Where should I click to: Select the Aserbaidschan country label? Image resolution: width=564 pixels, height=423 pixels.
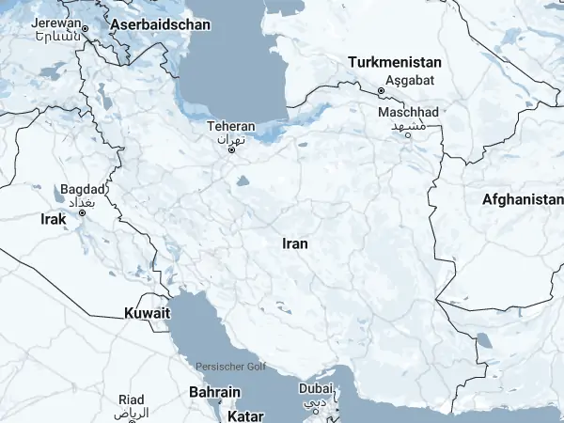(160, 24)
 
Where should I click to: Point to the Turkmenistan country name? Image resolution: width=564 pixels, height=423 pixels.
(395, 62)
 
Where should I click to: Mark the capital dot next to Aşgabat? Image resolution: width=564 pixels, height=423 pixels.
(381, 91)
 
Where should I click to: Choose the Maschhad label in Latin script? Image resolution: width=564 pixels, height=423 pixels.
(408, 112)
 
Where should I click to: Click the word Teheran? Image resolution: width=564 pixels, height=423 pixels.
(231, 126)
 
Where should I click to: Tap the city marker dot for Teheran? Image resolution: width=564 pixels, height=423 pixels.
(231, 149)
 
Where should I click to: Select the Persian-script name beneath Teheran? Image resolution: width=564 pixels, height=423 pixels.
(231, 138)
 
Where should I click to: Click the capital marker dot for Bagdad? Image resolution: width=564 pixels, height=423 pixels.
(82, 212)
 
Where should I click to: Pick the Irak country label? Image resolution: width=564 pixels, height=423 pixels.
(54, 219)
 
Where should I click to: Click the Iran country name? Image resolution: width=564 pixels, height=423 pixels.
(295, 243)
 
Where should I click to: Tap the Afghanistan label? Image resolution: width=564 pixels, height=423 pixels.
(522, 199)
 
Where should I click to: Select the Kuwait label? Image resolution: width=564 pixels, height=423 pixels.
(148, 312)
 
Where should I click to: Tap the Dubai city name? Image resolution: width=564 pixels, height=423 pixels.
(316, 389)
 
